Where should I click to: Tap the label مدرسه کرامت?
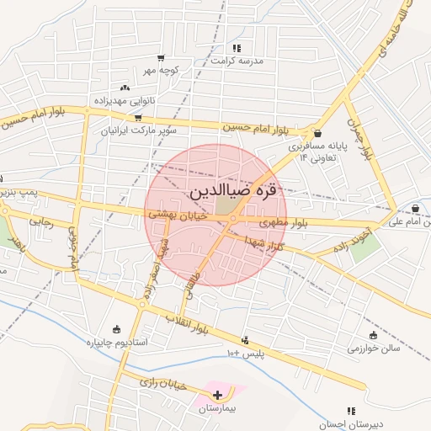point(237,61)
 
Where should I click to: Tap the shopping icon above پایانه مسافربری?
point(317,133)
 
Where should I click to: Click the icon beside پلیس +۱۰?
point(245,341)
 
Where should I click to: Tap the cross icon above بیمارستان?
point(218,394)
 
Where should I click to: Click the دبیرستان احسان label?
point(347,423)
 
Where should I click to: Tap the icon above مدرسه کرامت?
point(237,48)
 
